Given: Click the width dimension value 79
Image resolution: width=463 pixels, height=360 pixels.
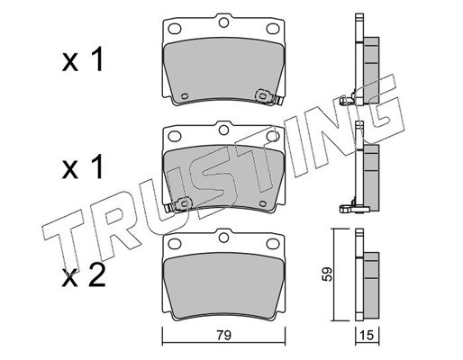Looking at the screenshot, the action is coord(224,335).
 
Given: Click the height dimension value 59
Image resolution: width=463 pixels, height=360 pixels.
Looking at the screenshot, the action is coord(327,274).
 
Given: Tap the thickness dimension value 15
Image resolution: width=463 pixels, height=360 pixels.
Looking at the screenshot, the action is coord(368,335).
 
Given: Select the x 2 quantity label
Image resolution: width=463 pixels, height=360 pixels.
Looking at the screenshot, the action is coord(83,276).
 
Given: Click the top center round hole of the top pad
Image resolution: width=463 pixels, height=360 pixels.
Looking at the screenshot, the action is coord(223,22).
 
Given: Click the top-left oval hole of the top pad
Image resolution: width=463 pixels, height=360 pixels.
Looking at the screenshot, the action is coord(175,29).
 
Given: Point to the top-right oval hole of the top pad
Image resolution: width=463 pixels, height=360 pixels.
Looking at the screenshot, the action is coord(273,29).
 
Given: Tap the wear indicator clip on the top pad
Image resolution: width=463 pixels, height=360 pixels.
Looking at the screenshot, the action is coord(268,97).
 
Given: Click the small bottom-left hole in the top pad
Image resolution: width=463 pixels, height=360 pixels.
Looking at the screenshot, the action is coord(185,96).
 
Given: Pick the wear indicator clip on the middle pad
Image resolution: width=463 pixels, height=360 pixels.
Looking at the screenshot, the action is coord(179,204).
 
